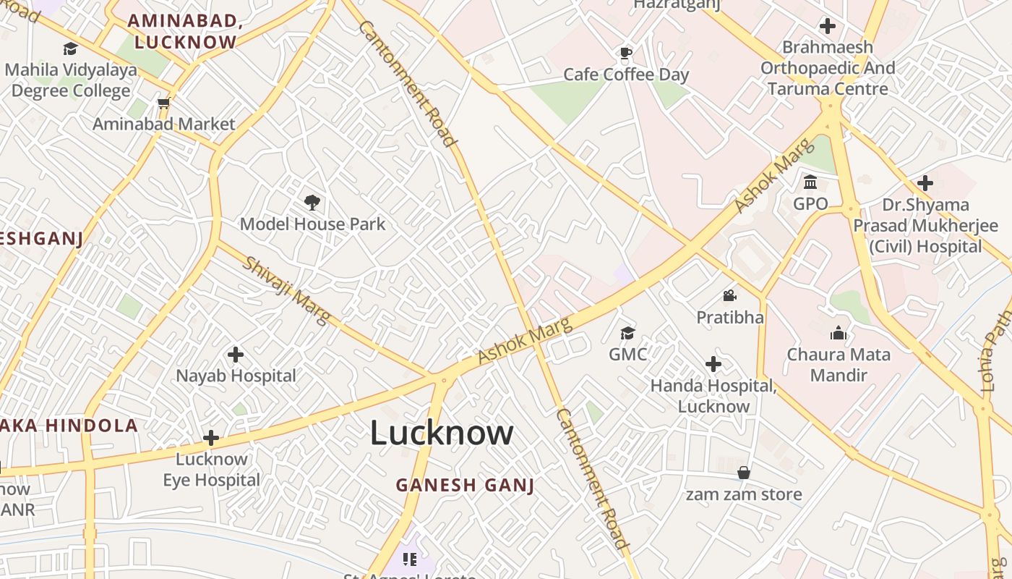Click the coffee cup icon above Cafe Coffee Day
625,53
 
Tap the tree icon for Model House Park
312,202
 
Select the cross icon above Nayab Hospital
236,355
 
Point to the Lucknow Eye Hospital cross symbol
211,438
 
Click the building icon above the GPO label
810,182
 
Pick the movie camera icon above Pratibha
729,295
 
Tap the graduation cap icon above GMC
627,333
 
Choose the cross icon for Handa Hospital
713,364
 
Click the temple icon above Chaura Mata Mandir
839,333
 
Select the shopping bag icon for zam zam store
744,473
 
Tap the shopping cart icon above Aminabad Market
163,103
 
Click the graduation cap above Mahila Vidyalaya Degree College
70,48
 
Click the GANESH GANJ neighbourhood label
466,485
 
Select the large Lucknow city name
442,433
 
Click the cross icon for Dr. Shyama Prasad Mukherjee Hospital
925,183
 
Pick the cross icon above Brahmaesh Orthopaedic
828,27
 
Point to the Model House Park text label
313,224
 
